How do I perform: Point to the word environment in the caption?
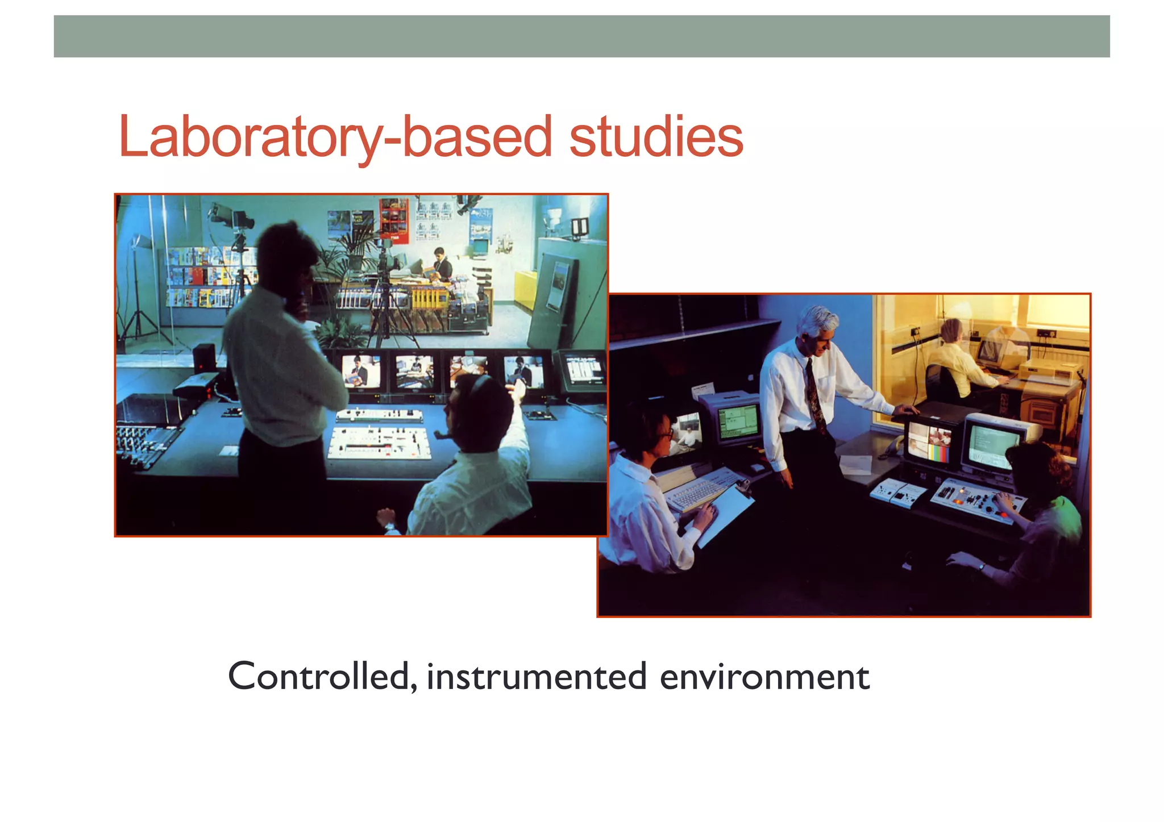764,677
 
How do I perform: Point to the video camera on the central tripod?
387,258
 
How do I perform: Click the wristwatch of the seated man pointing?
389,527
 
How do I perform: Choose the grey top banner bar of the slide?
581,36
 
